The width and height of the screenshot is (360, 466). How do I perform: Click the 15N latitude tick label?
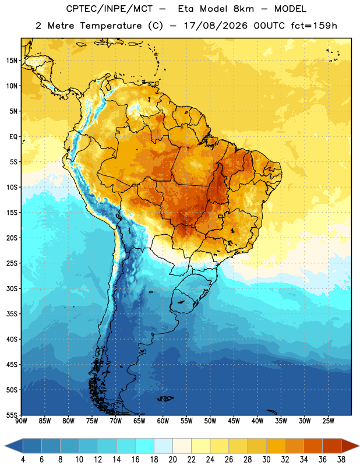[12, 61]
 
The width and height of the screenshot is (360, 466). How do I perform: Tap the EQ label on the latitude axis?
[13, 137]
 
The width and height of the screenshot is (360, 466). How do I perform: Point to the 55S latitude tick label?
[12, 415]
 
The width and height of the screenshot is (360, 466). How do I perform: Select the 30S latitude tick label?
[12, 288]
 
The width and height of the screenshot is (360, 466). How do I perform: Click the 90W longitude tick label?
[21, 421]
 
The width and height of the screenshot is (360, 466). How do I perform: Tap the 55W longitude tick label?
[186, 421]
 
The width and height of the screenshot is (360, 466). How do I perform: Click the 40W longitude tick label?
[257, 421]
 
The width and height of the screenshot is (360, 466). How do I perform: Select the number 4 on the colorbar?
[23, 460]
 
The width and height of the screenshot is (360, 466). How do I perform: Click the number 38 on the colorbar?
[341, 460]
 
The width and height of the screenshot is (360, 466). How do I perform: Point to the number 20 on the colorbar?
[172, 460]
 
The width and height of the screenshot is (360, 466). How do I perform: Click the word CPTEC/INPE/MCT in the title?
[110, 9]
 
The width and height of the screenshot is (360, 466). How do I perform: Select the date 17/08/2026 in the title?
[216, 26]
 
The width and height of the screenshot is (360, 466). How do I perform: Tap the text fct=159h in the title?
[314, 26]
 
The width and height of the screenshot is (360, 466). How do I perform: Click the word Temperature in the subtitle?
[111, 26]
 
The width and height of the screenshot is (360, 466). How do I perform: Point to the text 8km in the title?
[243, 9]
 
